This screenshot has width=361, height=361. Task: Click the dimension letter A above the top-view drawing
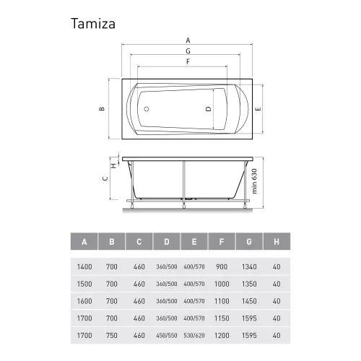pos(188,40)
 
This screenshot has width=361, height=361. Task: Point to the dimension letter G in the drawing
pos(188,51)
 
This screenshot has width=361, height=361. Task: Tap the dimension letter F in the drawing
pos(188,62)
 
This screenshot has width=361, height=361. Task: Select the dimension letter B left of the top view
pos(103,109)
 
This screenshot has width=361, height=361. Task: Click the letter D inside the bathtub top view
pos(208,109)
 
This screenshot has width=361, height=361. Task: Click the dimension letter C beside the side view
pos(103,178)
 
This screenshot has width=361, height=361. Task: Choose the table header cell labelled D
pos(167,241)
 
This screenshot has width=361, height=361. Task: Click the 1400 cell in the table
pos(84,266)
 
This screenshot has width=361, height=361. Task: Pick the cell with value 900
pos(222,266)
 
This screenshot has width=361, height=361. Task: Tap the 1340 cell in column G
pos(250,266)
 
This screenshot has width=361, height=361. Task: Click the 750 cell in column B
pos(112,336)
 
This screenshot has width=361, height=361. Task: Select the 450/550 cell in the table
pos(167,336)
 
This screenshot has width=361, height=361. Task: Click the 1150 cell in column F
pos(222,318)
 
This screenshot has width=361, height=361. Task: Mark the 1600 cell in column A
pos(84,301)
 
